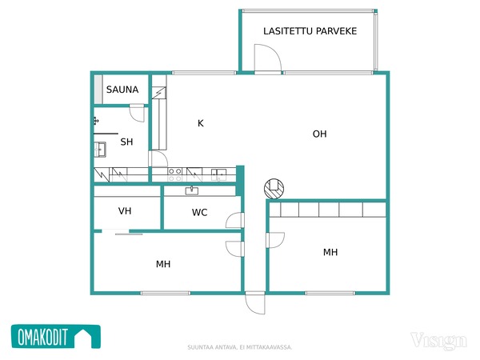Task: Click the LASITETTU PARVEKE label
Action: click(x=310, y=31)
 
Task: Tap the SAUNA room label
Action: click(x=122, y=90)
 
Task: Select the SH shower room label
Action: click(x=126, y=142)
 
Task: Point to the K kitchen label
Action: click(x=201, y=123)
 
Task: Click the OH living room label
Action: click(x=319, y=134)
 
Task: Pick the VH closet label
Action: click(x=125, y=211)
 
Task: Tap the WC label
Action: click(x=199, y=213)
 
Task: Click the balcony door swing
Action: click(x=268, y=58)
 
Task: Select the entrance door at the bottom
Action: click(x=255, y=302)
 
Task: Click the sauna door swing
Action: click(x=137, y=114)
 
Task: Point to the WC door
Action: click(x=235, y=220)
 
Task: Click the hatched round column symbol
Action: click(x=274, y=189)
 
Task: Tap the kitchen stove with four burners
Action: click(x=175, y=174)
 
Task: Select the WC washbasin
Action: click(x=192, y=190)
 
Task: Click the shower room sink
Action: click(x=100, y=150)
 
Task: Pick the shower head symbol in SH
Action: click(x=96, y=121)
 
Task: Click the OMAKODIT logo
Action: click(x=56, y=337)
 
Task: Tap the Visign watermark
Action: click(x=438, y=341)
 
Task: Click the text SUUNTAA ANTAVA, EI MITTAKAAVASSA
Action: click(x=240, y=347)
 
